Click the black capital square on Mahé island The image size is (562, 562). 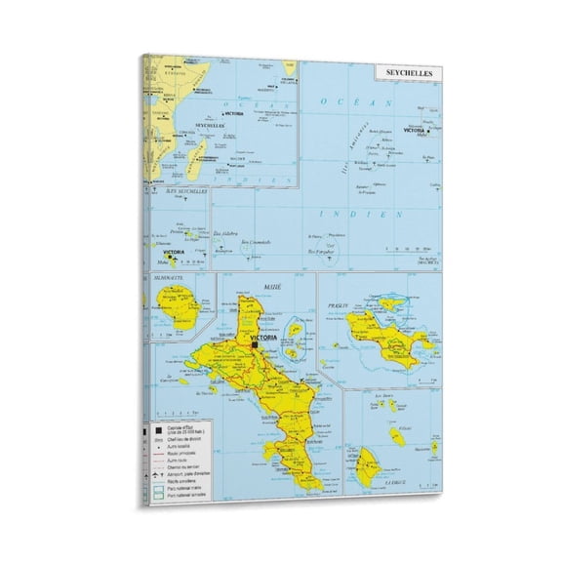pyautogui.click(x=254, y=343)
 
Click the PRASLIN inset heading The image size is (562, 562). pyautogui.click(x=339, y=305)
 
